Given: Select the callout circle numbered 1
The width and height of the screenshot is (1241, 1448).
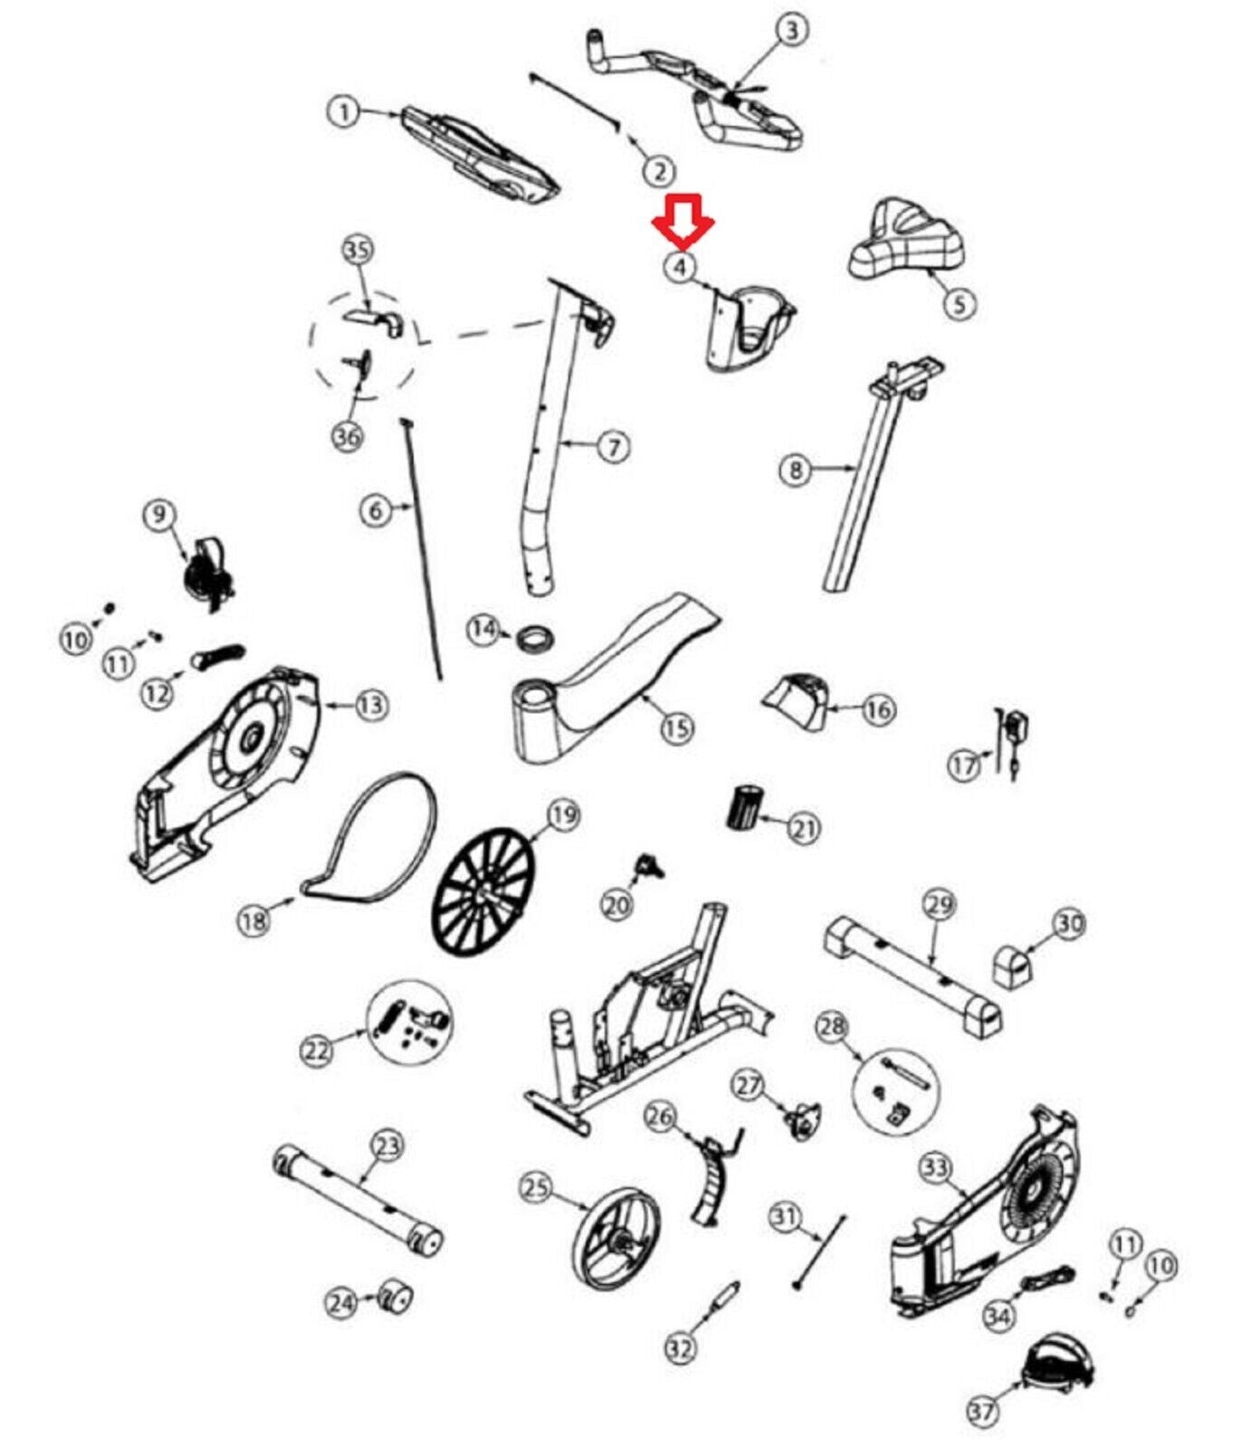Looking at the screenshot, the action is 343,113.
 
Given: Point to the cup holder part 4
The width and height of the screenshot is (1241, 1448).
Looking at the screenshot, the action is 749,328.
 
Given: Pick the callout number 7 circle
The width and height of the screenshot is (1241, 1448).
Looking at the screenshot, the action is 614,446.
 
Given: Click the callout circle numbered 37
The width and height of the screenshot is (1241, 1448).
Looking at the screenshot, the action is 982,1410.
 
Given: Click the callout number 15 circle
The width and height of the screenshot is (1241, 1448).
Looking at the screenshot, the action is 677,728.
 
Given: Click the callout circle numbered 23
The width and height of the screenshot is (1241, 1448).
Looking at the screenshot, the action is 387,1147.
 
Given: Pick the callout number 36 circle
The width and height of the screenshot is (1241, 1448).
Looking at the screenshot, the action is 348,436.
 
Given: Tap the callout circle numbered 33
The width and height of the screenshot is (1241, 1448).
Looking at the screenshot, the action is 935,1168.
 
